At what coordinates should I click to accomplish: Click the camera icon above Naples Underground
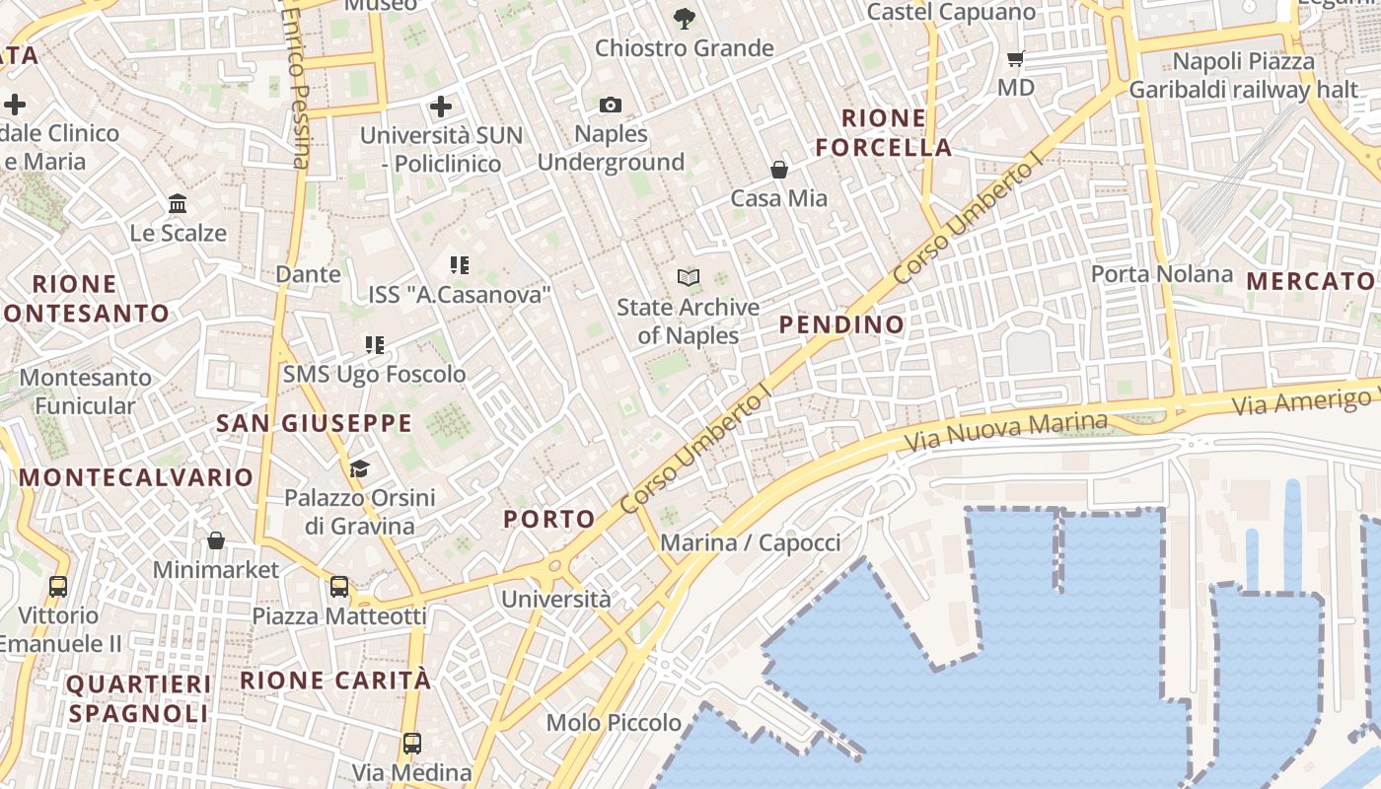(x=611, y=105)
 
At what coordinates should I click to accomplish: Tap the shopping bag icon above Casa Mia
(x=779, y=170)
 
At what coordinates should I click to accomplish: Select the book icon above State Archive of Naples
(x=689, y=277)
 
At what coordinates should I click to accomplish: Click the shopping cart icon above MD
(x=1016, y=58)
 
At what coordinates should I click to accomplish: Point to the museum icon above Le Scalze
(x=179, y=204)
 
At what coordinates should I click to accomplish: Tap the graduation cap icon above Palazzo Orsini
(x=359, y=468)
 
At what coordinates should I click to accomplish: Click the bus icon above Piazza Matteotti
(x=339, y=587)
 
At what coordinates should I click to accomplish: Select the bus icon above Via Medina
(x=412, y=743)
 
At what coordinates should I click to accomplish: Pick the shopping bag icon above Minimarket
(x=216, y=540)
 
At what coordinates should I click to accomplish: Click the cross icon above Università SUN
(x=441, y=106)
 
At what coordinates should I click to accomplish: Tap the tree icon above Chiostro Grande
(x=683, y=18)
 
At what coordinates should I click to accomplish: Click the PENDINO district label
(x=841, y=324)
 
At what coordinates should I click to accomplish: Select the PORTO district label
(x=549, y=519)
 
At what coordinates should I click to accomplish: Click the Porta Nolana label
(x=1162, y=273)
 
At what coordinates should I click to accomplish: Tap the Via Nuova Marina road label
(x=1007, y=431)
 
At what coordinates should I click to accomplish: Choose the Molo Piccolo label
(x=614, y=723)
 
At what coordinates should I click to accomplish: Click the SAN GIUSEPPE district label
(x=314, y=424)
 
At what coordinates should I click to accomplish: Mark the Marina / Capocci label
(x=751, y=542)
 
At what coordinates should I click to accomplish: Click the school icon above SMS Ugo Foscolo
(x=375, y=345)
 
